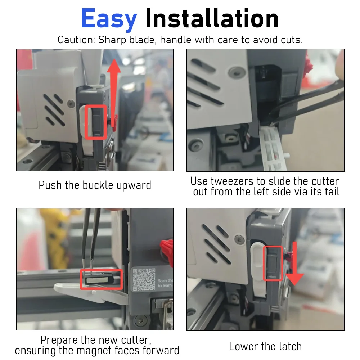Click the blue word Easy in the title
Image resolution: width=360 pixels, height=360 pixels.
click(109, 19)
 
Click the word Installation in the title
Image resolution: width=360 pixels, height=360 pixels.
click(212, 18)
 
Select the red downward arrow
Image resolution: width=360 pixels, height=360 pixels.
click(295, 264)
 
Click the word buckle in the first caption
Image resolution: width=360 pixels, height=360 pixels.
click(98, 185)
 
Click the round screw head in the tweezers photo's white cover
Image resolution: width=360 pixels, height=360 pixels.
click(236, 72)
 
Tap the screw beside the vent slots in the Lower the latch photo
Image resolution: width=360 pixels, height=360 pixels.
click(240, 240)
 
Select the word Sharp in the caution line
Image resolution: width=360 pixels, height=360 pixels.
click(112, 40)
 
